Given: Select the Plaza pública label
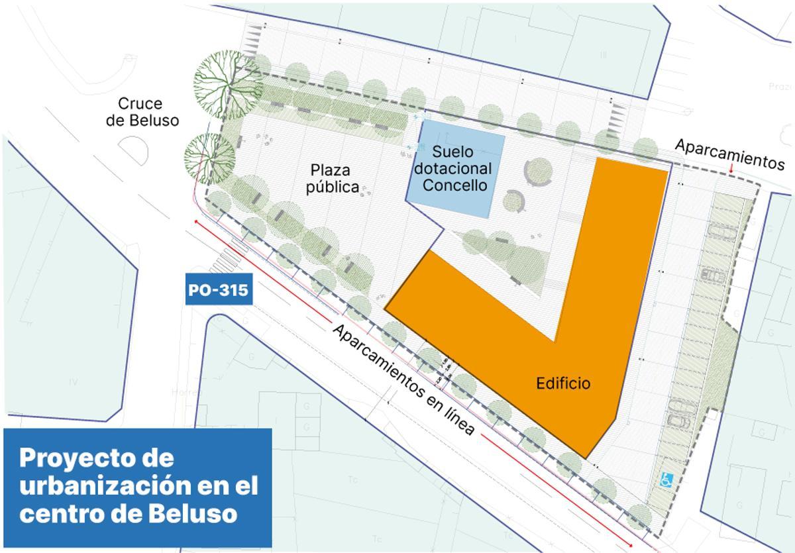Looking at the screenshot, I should click(332, 177).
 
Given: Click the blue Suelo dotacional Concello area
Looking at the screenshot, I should click(456, 168).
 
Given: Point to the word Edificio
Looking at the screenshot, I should click(563, 383).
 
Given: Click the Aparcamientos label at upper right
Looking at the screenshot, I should click(729, 154).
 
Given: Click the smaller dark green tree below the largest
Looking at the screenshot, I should click(209, 159).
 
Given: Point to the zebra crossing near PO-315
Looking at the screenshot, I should click(229, 260).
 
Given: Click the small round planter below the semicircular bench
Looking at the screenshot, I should click(513, 200).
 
